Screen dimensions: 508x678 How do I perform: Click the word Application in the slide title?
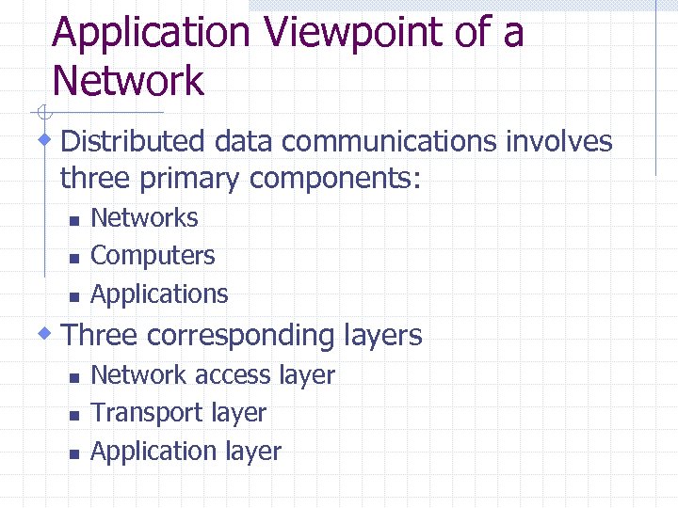pos(151,34)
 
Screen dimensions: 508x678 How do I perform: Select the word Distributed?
pos(133,142)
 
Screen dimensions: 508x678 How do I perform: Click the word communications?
pos(391,142)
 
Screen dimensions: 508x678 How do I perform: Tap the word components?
pos(334,177)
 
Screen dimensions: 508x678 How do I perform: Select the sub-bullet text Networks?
pos(144,217)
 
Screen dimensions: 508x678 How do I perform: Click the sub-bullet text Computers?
pos(153,255)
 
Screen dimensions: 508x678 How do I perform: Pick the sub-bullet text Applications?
pos(159,294)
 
